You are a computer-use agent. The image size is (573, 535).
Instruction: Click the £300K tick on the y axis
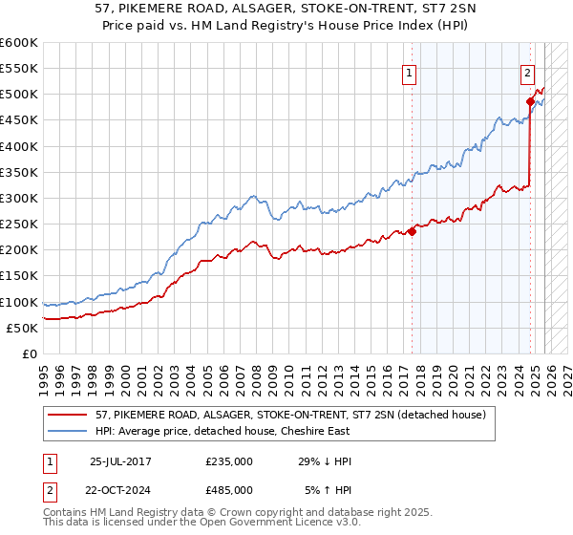click(19, 198)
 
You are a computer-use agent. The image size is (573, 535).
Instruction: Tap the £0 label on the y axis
click(30, 353)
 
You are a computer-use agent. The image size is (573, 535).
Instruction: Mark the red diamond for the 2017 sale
click(412, 231)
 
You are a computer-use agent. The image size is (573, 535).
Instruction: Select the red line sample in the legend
click(67, 416)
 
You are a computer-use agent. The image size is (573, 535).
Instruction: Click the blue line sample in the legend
click(67, 432)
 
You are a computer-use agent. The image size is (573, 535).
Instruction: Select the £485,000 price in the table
click(229, 489)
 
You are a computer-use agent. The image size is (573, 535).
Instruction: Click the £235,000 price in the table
click(229, 461)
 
